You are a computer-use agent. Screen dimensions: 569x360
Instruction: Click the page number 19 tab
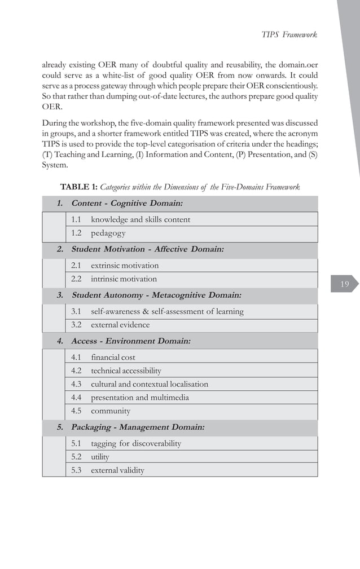click(344, 284)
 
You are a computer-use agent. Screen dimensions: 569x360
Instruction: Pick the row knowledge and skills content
click(141, 219)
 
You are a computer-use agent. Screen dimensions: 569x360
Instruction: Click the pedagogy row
click(108, 233)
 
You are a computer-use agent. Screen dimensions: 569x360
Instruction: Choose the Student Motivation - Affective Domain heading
click(147, 249)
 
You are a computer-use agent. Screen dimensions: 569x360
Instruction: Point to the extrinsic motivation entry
click(125, 265)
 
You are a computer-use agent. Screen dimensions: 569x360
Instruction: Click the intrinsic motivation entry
click(124, 279)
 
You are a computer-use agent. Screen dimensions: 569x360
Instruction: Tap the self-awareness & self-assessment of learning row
click(167, 311)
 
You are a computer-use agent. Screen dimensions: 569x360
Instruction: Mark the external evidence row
click(120, 325)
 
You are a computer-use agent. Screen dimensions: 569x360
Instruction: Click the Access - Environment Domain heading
click(131, 341)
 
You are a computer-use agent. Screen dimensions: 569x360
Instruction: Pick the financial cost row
click(113, 357)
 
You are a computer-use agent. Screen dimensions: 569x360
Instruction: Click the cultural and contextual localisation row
click(150, 384)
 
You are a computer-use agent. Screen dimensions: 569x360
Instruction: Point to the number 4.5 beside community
click(77, 411)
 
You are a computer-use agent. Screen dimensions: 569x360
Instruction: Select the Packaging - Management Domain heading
click(138, 427)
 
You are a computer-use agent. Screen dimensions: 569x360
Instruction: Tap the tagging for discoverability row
click(136, 443)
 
